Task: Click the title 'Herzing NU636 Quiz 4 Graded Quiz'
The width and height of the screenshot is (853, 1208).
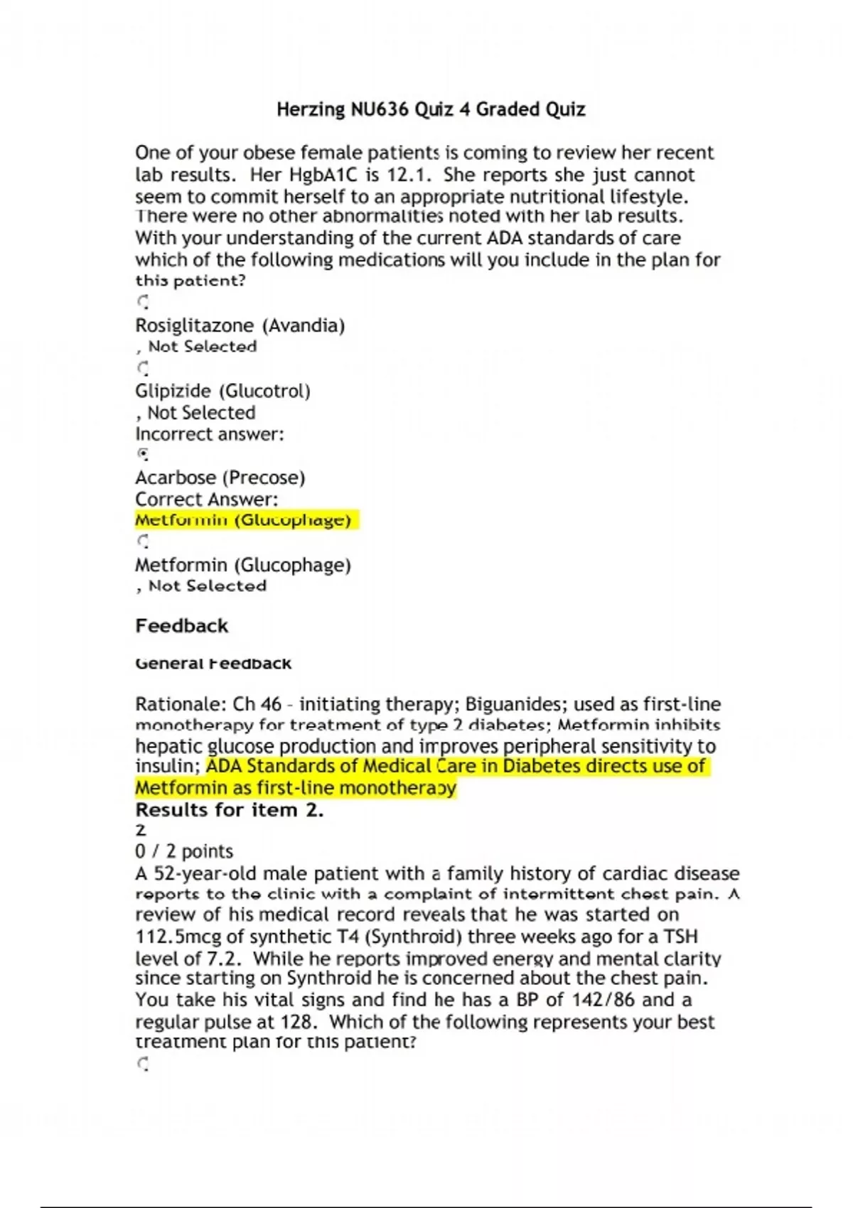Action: (x=431, y=109)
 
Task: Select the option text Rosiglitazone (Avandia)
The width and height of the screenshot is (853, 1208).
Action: (x=240, y=325)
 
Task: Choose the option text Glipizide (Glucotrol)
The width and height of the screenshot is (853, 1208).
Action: (x=222, y=391)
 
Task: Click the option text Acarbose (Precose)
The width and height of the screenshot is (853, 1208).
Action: (x=220, y=478)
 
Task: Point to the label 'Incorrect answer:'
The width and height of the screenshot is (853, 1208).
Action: (x=209, y=434)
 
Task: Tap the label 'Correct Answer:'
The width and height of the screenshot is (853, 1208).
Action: (x=206, y=499)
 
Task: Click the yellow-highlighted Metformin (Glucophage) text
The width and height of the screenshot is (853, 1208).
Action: (x=243, y=520)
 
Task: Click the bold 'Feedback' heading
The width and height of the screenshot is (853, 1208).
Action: (x=181, y=626)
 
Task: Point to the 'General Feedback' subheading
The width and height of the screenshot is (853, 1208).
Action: (x=213, y=664)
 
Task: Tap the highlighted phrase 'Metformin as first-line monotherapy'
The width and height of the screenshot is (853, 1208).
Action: (x=295, y=788)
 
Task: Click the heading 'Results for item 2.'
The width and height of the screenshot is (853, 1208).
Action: (x=229, y=810)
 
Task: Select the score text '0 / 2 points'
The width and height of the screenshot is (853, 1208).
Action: (x=184, y=851)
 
